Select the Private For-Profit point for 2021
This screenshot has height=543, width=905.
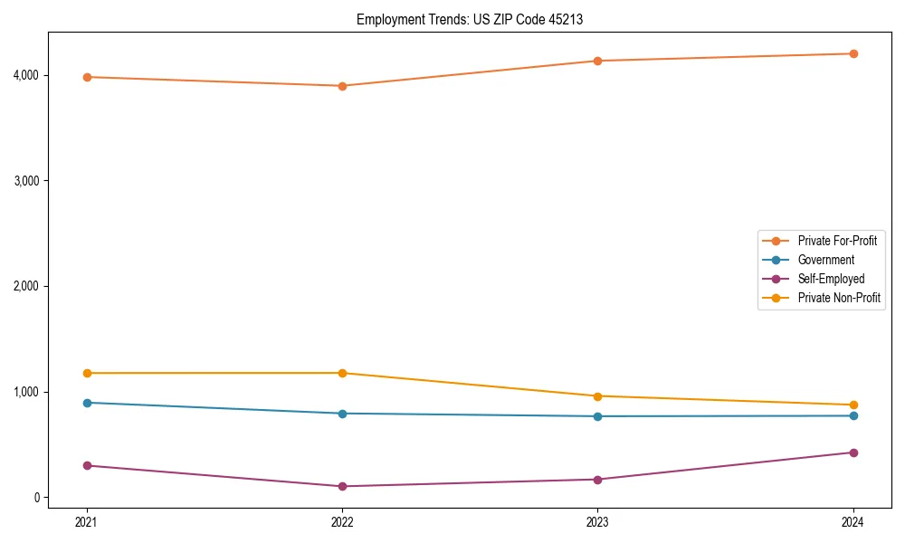point(87,77)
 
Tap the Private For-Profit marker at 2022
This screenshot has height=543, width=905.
point(342,86)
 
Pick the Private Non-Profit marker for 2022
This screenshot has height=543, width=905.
point(342,373)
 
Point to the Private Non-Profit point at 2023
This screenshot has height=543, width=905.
point(597,396)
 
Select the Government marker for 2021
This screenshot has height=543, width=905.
point(87,403)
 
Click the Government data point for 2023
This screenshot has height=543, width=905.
point(597,416)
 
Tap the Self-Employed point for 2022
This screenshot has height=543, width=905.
point(342,486)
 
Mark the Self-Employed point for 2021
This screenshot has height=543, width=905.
point(87,465)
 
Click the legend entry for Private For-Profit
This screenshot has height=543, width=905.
point(836,241)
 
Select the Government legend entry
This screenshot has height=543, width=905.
point(825,260)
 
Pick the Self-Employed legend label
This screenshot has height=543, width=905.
point(831,279)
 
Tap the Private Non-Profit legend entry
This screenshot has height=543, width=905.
point(839,298)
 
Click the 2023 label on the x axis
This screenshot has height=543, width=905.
point(597,522)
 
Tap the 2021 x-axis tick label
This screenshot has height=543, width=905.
point(87,522)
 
